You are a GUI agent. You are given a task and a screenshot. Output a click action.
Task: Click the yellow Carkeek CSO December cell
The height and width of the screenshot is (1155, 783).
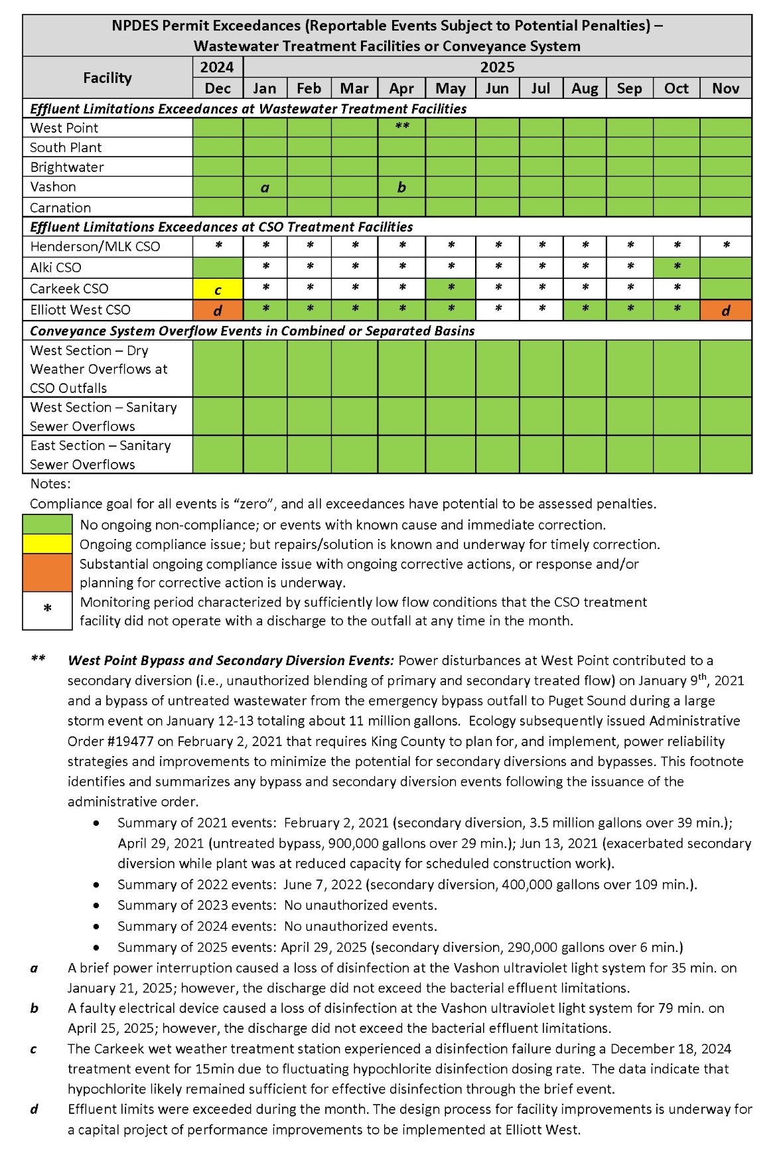click(218, 289)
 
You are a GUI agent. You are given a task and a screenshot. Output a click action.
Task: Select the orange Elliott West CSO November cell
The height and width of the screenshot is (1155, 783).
click(725, 310)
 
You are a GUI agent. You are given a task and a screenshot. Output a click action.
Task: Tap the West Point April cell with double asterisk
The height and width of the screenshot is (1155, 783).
click(401, 127)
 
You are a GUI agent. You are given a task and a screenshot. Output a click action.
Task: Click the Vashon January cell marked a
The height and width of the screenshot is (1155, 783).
click(265, 187)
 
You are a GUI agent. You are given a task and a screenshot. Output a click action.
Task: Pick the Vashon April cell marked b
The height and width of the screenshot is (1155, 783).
click(401, 187)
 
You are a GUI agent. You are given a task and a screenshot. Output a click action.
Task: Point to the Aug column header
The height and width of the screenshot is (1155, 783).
click(585, 88)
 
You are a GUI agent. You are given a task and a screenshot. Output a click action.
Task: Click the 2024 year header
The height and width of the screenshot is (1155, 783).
click(218, 67)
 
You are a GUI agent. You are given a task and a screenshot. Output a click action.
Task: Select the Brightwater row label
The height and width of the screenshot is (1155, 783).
click(67, 167)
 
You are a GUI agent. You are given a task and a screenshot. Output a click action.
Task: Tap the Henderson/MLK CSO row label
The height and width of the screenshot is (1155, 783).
click(95, 247)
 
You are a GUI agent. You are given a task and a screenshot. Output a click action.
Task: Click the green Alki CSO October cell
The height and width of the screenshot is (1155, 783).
click(676, 268)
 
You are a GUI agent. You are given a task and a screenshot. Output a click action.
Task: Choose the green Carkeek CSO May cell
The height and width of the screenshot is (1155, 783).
click(450, 289)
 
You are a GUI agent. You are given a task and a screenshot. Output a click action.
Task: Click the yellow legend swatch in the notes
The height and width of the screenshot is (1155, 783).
click(47, 544)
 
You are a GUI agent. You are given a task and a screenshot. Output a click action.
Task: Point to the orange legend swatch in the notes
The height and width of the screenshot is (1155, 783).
click(47, 572)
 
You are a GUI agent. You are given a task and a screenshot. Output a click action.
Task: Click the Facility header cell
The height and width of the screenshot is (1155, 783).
click(107, 78)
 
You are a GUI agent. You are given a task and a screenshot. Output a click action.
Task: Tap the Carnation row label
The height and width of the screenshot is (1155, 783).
click(60, 208)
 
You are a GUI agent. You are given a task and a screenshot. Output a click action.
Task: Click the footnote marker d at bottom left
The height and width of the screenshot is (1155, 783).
click(34, 1109)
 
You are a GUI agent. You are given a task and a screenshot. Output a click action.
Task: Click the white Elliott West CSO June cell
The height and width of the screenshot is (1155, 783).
click(497, 310)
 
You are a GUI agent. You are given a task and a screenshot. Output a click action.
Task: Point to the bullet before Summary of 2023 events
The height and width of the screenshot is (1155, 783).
click(98, 905)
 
